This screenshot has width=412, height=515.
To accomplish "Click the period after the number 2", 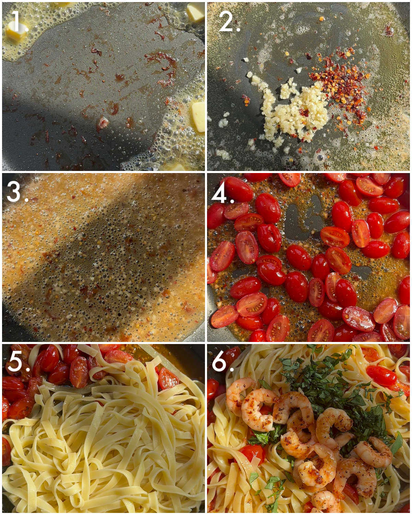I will (238, 30).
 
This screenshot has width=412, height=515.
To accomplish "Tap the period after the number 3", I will (26, 199).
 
